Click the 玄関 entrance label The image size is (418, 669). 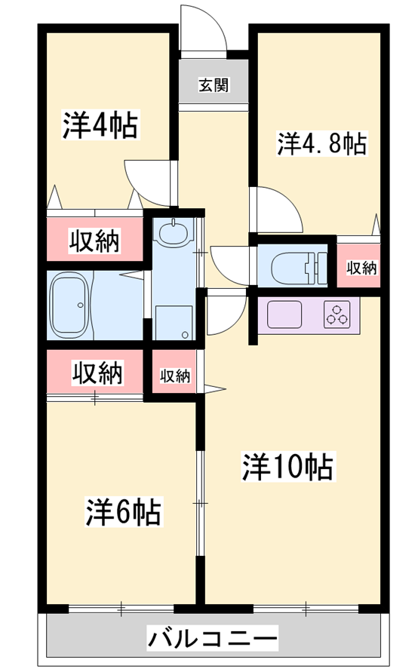(x=214, y=85)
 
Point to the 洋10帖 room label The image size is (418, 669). (x=287, y=467)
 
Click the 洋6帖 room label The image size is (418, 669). (x=124, y=511)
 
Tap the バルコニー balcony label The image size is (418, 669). (x=212, y=639)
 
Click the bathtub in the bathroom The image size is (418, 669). (x=70, y=305)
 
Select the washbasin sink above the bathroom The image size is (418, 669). (x=174, y=231)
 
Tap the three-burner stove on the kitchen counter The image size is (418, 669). (x=337, y=315)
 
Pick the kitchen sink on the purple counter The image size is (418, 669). (x=284, y=315)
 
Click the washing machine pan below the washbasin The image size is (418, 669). (x=174, y=323)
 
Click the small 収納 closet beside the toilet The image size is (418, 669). (x=361, y=268)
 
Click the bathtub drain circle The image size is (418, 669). (x=80, y=305)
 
